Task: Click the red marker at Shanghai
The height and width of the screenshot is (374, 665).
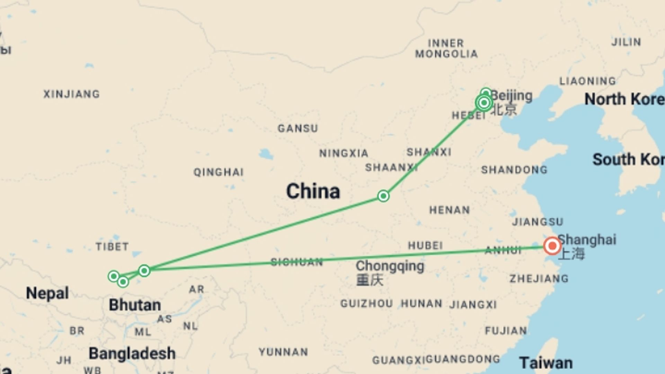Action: [552, 246]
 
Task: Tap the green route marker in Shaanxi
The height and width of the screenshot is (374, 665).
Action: [383, 196]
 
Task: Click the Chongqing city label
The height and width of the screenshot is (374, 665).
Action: [390, 266]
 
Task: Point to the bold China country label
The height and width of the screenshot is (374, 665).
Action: [313, 192]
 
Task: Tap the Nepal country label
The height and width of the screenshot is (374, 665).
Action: [47, 293]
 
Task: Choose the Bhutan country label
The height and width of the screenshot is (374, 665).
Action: [135, 305]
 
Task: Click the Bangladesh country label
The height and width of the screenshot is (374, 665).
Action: [132, 354]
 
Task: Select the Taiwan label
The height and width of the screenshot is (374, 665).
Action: [546, 363]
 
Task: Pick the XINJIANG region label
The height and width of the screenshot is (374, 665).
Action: [72, 94]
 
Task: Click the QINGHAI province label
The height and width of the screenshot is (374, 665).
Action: [219, 172]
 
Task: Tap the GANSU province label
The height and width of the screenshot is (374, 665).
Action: [298, 128]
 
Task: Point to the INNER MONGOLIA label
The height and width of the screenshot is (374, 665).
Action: [446, 48]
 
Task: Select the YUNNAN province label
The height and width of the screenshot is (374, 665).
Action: [283, 352]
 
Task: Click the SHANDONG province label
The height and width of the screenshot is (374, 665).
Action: [514, 170]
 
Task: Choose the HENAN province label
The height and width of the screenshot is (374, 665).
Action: [450, 210]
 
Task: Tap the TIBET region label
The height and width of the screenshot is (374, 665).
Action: [112, 247]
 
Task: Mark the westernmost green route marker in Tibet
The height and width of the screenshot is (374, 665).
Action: [114, 276]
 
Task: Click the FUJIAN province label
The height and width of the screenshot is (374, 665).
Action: [506, 331]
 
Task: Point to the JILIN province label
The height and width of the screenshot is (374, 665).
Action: [626, 42]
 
